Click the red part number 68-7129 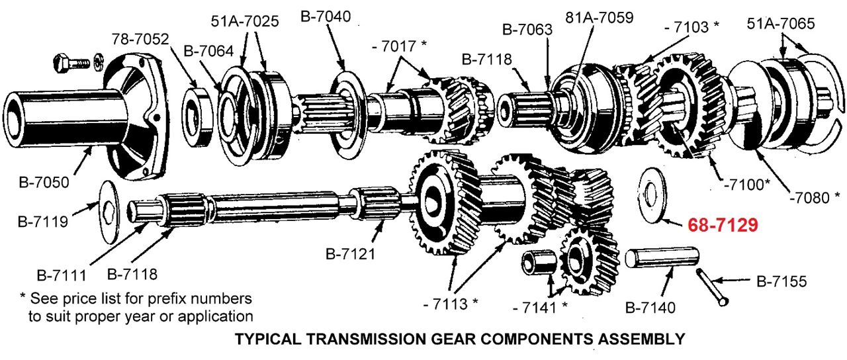pyautogui.click(x=723, y=225)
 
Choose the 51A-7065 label pyautogui.click(x=781, y=24)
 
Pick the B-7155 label pyautogui.click(x=781, y=282)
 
